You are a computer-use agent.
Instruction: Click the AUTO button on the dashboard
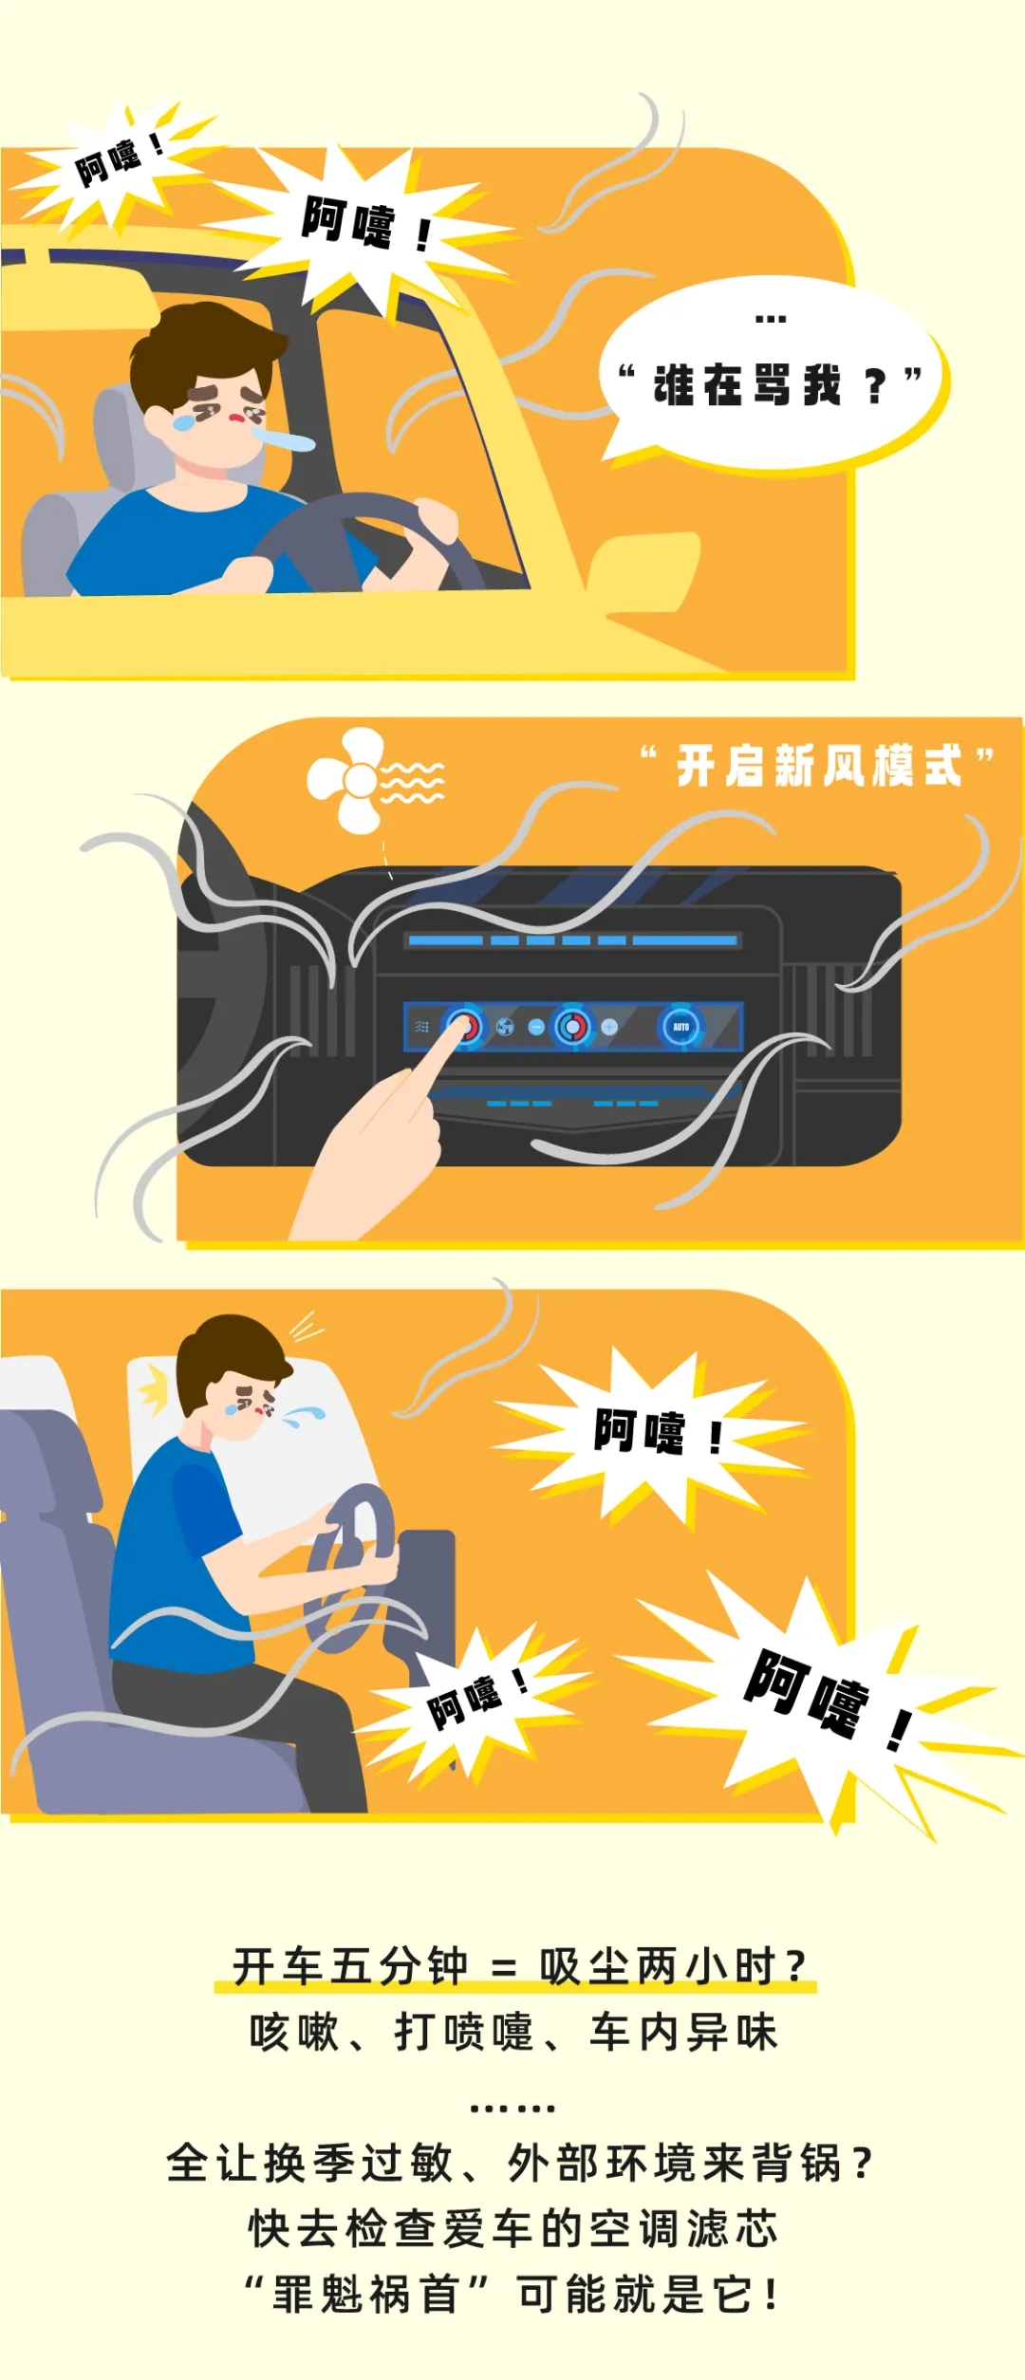(x=681, y=1027)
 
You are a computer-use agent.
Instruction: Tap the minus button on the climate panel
(x=536, y=1027)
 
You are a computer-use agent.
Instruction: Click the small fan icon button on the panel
(x=505, y=1027)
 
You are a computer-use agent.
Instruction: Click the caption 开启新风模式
(x=819, y=766)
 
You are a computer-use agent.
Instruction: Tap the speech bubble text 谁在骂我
(x=747, y=385)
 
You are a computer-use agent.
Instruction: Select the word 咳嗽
(x=294, y=2033)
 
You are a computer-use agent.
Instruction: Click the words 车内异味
(x=683, y=2033)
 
